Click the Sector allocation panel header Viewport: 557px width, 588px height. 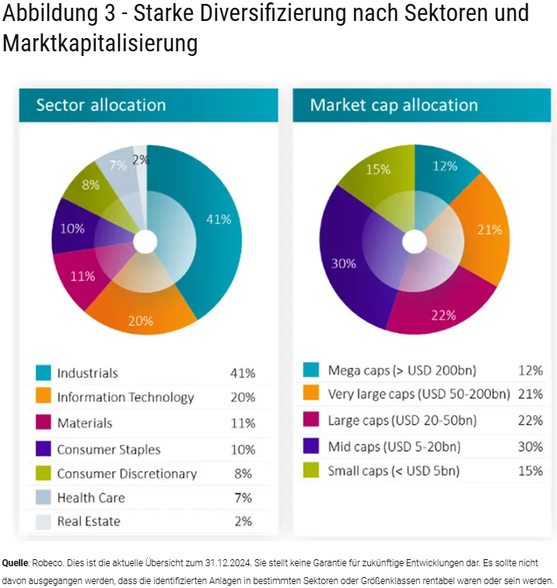coord(101,105)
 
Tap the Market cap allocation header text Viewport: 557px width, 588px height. coord(394,105)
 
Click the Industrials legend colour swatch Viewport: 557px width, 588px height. coord(44,373)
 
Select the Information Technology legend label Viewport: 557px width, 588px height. coord(125,397)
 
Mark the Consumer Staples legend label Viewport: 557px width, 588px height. coord(108,450)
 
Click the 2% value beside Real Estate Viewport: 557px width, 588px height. coord(243,522)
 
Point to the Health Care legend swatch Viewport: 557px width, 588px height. coord(44,498)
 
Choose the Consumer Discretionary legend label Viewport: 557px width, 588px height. coord(127,474)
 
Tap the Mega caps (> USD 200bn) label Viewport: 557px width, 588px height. coord(402,370)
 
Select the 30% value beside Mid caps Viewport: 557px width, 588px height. coord(530,446)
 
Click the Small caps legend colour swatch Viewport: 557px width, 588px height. coord(310,471)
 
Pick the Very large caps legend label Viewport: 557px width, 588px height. coord(419,394)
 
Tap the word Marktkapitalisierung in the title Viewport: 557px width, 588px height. coord(100,44)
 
